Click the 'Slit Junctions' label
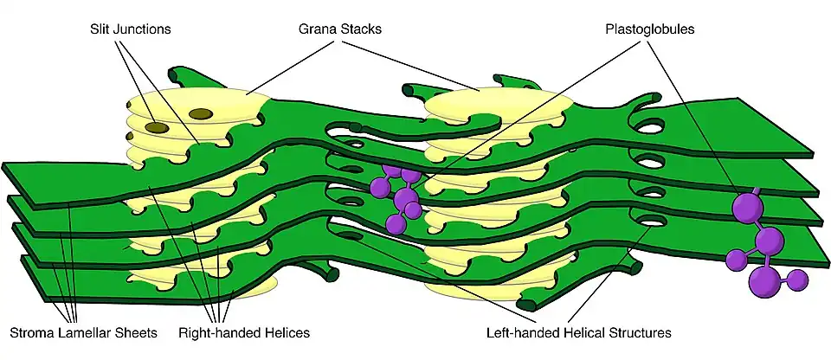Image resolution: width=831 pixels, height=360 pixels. coord(130,29)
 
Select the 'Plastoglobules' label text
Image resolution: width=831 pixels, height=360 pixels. coord(650,29)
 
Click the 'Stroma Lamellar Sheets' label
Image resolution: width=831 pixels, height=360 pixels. coord(83,332)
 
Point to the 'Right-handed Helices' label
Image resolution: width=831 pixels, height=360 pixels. coord(244,332)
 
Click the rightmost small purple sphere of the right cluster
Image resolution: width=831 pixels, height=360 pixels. coord(798,279)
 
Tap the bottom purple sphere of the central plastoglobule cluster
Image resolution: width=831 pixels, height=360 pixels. coord(396,224)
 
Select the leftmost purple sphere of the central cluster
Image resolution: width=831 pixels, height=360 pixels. coord(379,187)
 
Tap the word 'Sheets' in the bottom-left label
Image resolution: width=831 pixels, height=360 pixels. coord(139,332)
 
